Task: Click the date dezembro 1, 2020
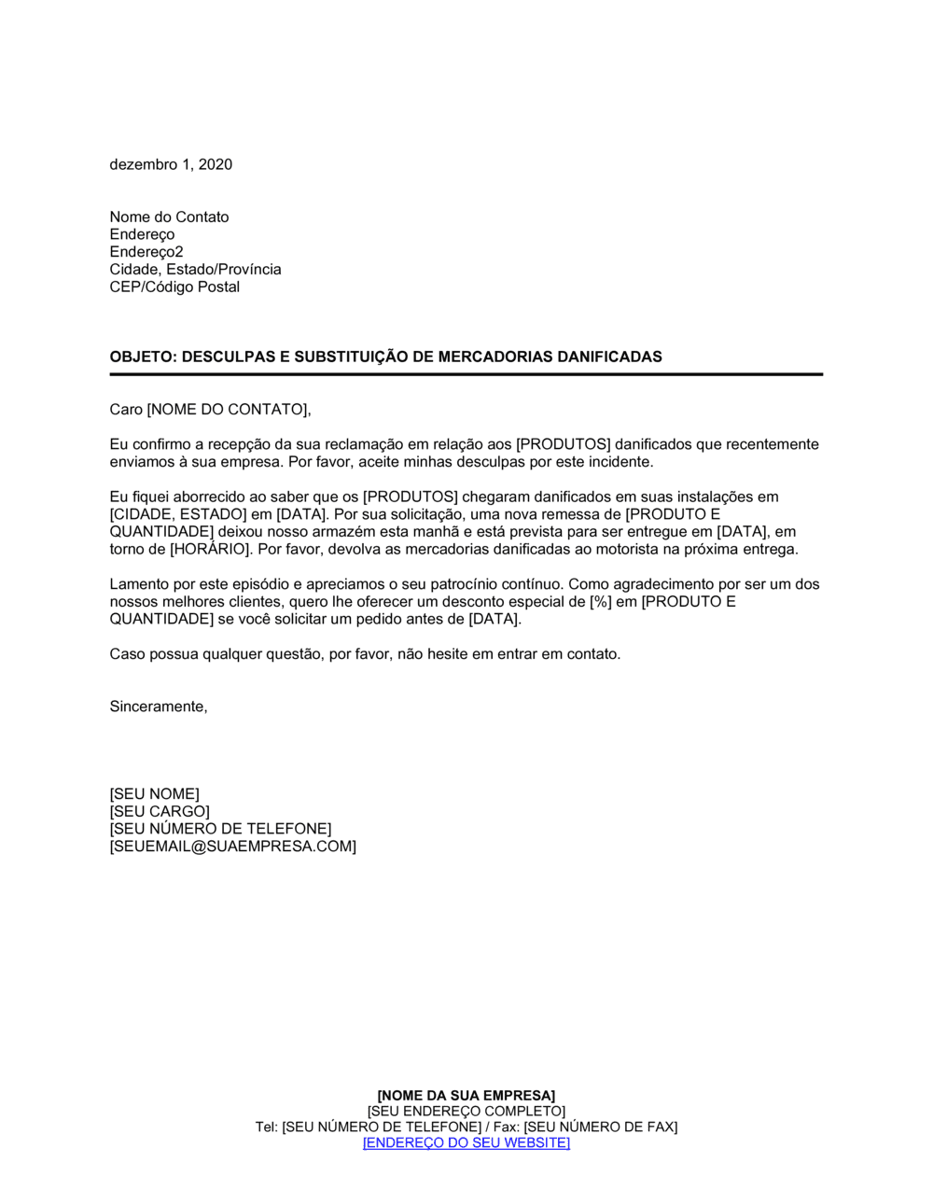[171, 164]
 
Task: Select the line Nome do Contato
[169, 217]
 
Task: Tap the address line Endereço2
[146, 252]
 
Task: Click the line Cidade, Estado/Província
[195, 269]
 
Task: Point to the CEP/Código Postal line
[174, 287]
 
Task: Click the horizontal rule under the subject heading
[466, 374]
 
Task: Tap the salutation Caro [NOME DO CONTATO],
[210, 409]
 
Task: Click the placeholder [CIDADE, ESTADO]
[178, 514]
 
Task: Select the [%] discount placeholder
[601, 602]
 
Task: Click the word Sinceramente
[157, 707]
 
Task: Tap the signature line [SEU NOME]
[154, 794]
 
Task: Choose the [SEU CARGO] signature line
[160, 811]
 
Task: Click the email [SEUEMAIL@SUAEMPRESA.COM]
[232, 847]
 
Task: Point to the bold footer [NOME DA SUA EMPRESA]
[466, 1096]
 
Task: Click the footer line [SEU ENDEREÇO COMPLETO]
[466, 1112]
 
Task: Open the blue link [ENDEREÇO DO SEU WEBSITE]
[466, 1142]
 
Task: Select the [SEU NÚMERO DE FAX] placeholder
[600, 1127]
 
